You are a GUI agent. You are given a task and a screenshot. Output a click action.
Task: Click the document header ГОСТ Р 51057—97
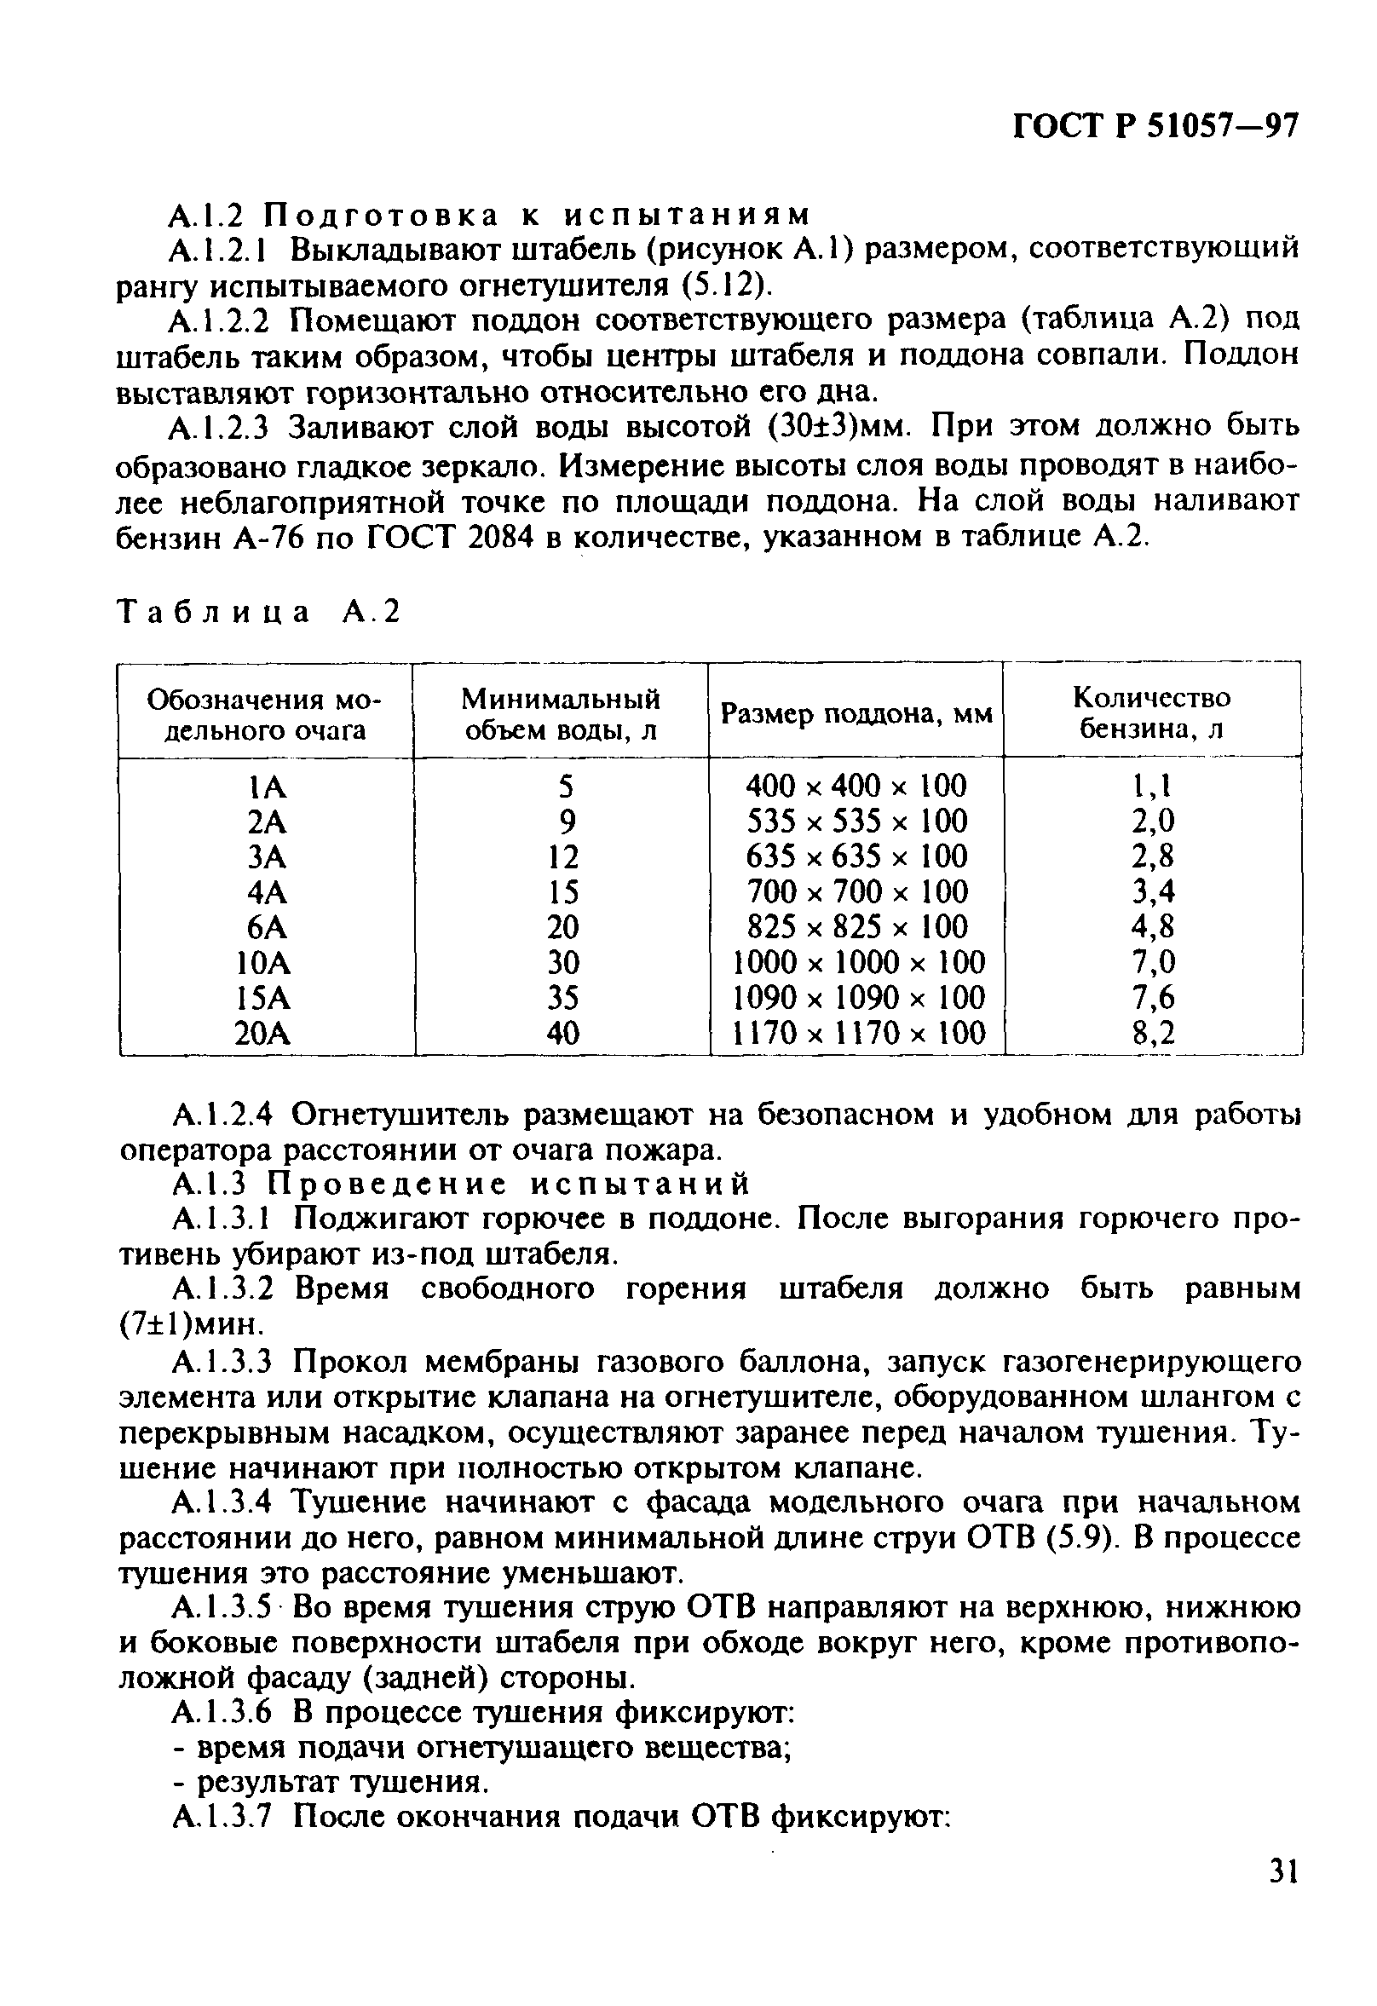click(x=1155, y=126)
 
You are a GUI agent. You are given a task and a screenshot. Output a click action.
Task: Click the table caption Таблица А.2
click(x=259, y=611)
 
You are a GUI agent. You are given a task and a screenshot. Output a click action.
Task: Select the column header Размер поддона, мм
click(x=856, y=715)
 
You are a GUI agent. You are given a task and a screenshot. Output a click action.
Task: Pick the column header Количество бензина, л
click(x=1152, y=713)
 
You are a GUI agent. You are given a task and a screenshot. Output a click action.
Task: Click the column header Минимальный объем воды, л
click(x=561, y=714)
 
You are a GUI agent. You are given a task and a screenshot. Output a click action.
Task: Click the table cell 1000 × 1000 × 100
click(x=858, y=961)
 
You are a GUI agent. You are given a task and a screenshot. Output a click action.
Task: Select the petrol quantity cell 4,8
click(x=1154, y=926)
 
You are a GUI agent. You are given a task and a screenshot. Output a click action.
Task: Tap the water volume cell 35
click(x=563, y=998)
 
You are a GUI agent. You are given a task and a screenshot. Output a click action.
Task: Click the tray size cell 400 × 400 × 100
click(x=856, y=786)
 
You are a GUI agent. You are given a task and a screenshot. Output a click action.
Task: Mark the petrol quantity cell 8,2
click(x=1154, y=1033)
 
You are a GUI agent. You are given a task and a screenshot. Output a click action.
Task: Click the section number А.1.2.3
click(x=222, y=427)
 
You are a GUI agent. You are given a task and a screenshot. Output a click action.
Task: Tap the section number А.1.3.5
click(x=222, y=1607)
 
